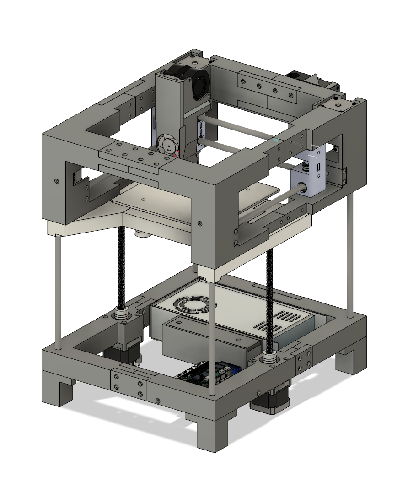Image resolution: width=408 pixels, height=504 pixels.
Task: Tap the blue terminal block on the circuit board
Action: (x=236, y=369)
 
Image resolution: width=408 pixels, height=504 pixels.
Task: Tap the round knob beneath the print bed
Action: (x=143, y=234)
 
